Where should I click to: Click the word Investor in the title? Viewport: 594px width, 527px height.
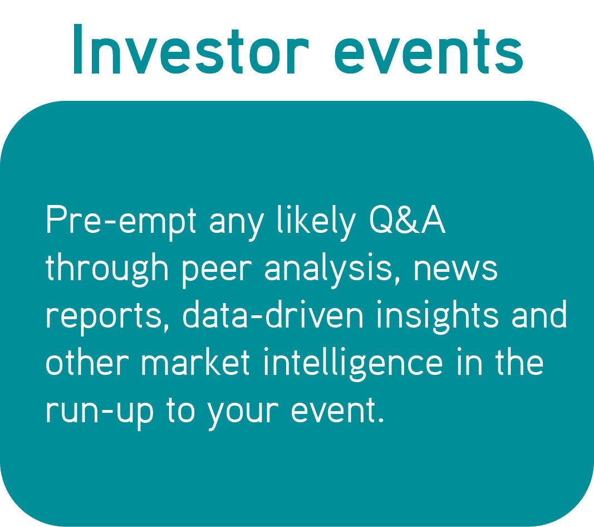pos(190,50)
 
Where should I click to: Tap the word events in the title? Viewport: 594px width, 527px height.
pos(429,52)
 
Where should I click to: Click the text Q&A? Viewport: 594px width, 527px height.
pos(407,219)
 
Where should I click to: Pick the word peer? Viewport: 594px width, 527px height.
pos(217,271)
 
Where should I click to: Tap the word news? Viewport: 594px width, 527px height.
pos(455,269)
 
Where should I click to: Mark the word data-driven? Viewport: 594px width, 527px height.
pos(273,314)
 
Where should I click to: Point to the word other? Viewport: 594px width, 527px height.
pos(87,362)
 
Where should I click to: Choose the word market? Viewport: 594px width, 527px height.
pos(195,362)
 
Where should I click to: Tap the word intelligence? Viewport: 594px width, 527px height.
pos(353,364)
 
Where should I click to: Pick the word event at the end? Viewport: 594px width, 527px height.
pos(334,409)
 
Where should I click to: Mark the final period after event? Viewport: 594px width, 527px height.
pos(381,420)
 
